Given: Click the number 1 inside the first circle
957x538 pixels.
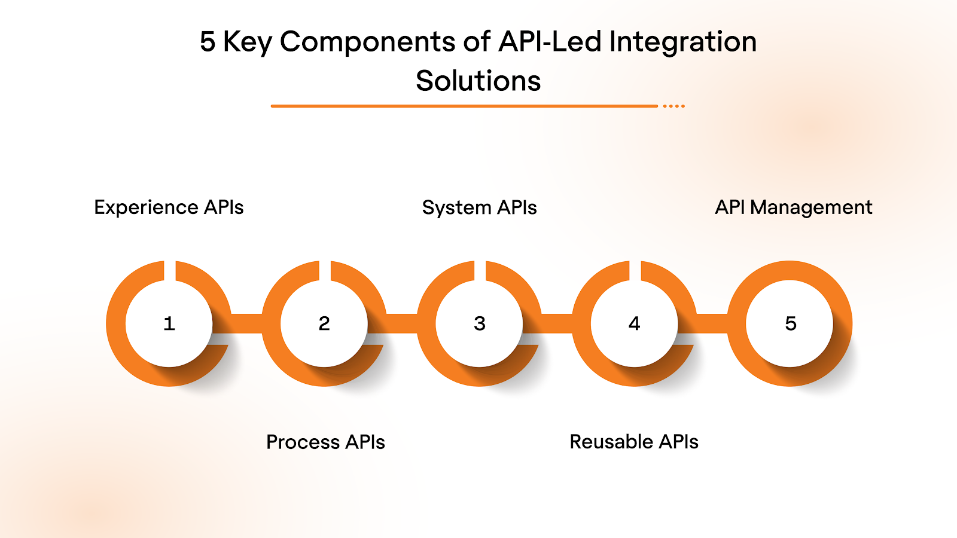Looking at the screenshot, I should coord(169,323).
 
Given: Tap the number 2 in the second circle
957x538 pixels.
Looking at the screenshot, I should coord(324,323).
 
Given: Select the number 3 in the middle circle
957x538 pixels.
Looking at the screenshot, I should coord(479,323).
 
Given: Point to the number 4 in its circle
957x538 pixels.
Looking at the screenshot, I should coord(635,323).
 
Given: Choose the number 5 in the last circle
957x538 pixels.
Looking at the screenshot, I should coord(790,323).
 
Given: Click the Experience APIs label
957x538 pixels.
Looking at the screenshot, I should coord(169,207).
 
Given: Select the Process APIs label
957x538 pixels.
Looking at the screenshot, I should coord(325,442).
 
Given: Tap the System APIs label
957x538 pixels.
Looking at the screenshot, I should coord(479,207).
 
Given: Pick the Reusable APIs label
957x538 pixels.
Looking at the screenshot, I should coord(634,442).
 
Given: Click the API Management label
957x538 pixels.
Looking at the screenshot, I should coord(794,207).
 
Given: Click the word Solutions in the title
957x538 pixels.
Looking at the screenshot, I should coord(478,81).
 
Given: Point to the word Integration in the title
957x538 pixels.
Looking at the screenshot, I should coord(682,42).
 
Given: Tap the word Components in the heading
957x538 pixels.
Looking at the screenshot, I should coord(367,42).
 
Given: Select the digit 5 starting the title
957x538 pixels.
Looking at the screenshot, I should coord(208,42).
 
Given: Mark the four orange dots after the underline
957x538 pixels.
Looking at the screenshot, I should coord(674,106).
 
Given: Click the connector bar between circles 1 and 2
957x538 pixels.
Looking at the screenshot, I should coord(246,323).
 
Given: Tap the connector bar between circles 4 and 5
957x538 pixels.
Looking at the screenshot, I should coord(712,323).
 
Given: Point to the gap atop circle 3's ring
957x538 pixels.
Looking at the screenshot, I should coord(480,270).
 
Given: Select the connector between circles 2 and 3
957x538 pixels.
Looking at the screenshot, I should coord(401,323).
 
